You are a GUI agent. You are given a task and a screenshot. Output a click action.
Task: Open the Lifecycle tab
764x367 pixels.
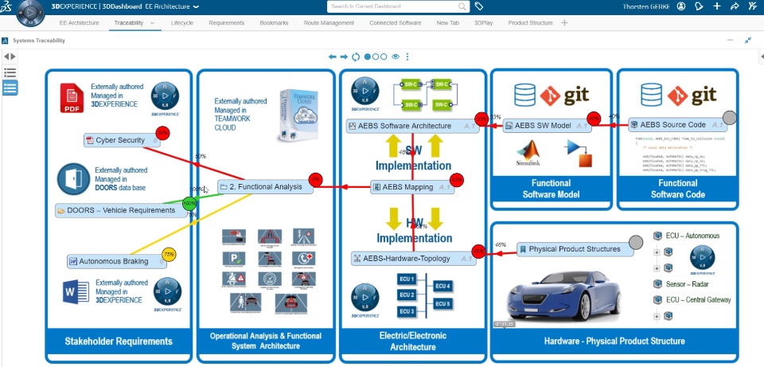182,23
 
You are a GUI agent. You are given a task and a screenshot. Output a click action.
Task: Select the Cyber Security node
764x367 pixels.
120,140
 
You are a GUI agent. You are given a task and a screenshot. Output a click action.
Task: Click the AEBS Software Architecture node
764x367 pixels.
410,126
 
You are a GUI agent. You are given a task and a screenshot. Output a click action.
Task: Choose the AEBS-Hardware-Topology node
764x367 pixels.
410,258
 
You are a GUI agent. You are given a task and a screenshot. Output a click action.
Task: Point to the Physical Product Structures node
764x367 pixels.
573,249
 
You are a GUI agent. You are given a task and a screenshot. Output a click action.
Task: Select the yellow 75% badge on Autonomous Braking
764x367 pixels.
169,255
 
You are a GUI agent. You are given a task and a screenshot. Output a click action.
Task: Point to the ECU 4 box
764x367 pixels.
442,286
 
